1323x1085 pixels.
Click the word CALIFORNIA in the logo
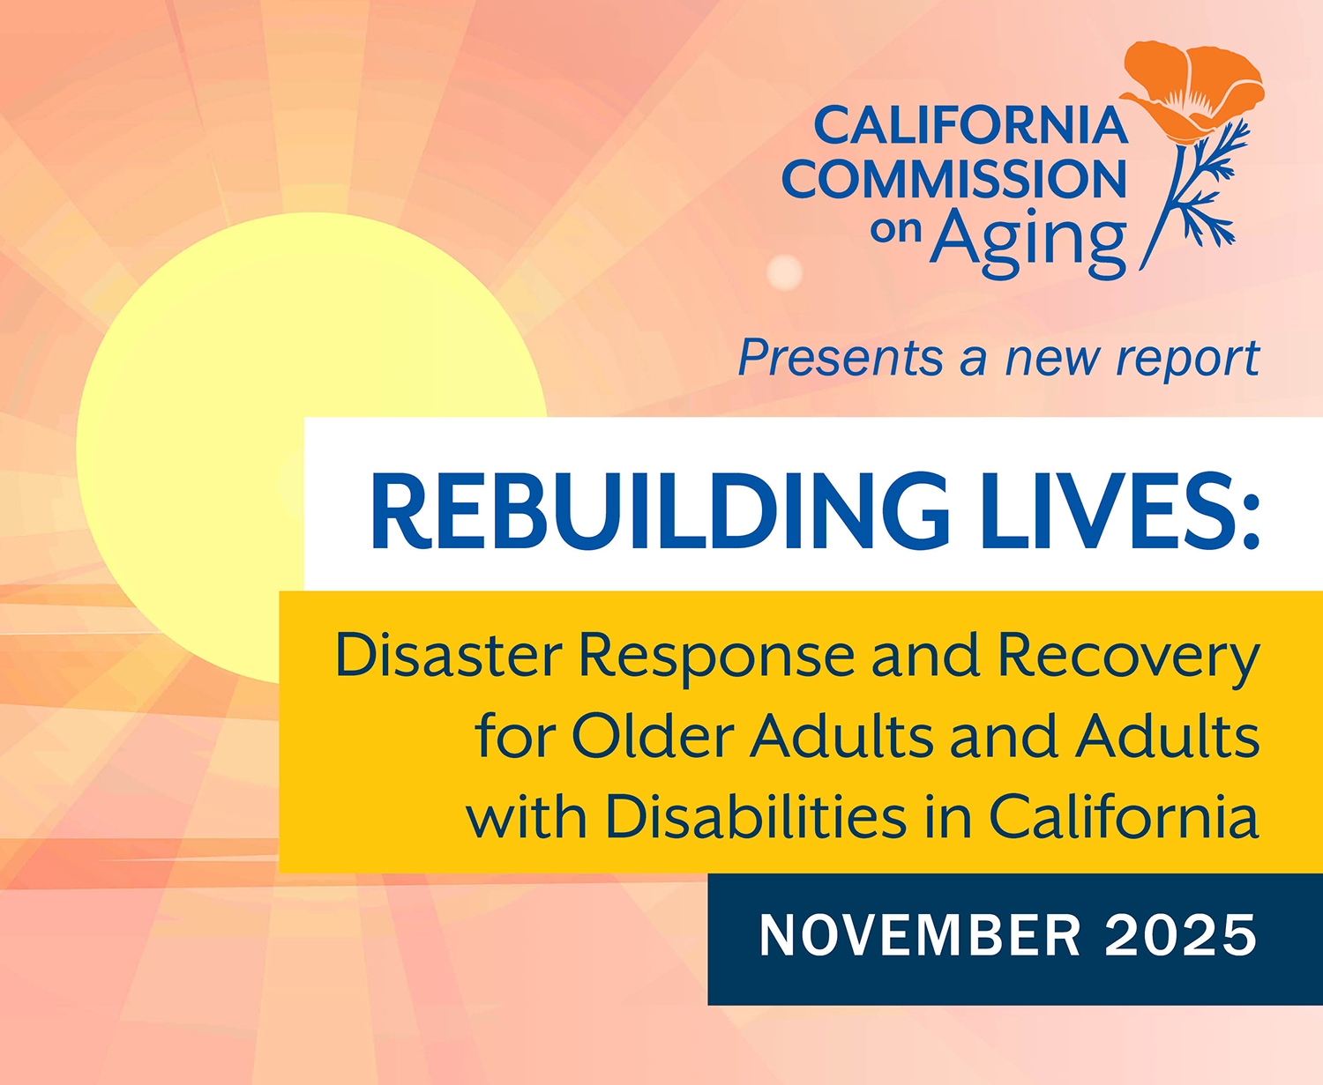coord(970,126)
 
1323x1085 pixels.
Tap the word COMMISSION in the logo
coord(954,180)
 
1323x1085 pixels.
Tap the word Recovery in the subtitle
coord(1129,657)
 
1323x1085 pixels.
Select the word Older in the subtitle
coord(653,735)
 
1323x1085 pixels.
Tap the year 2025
coord(1181,936)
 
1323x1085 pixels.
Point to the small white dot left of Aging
coord(784,272)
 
